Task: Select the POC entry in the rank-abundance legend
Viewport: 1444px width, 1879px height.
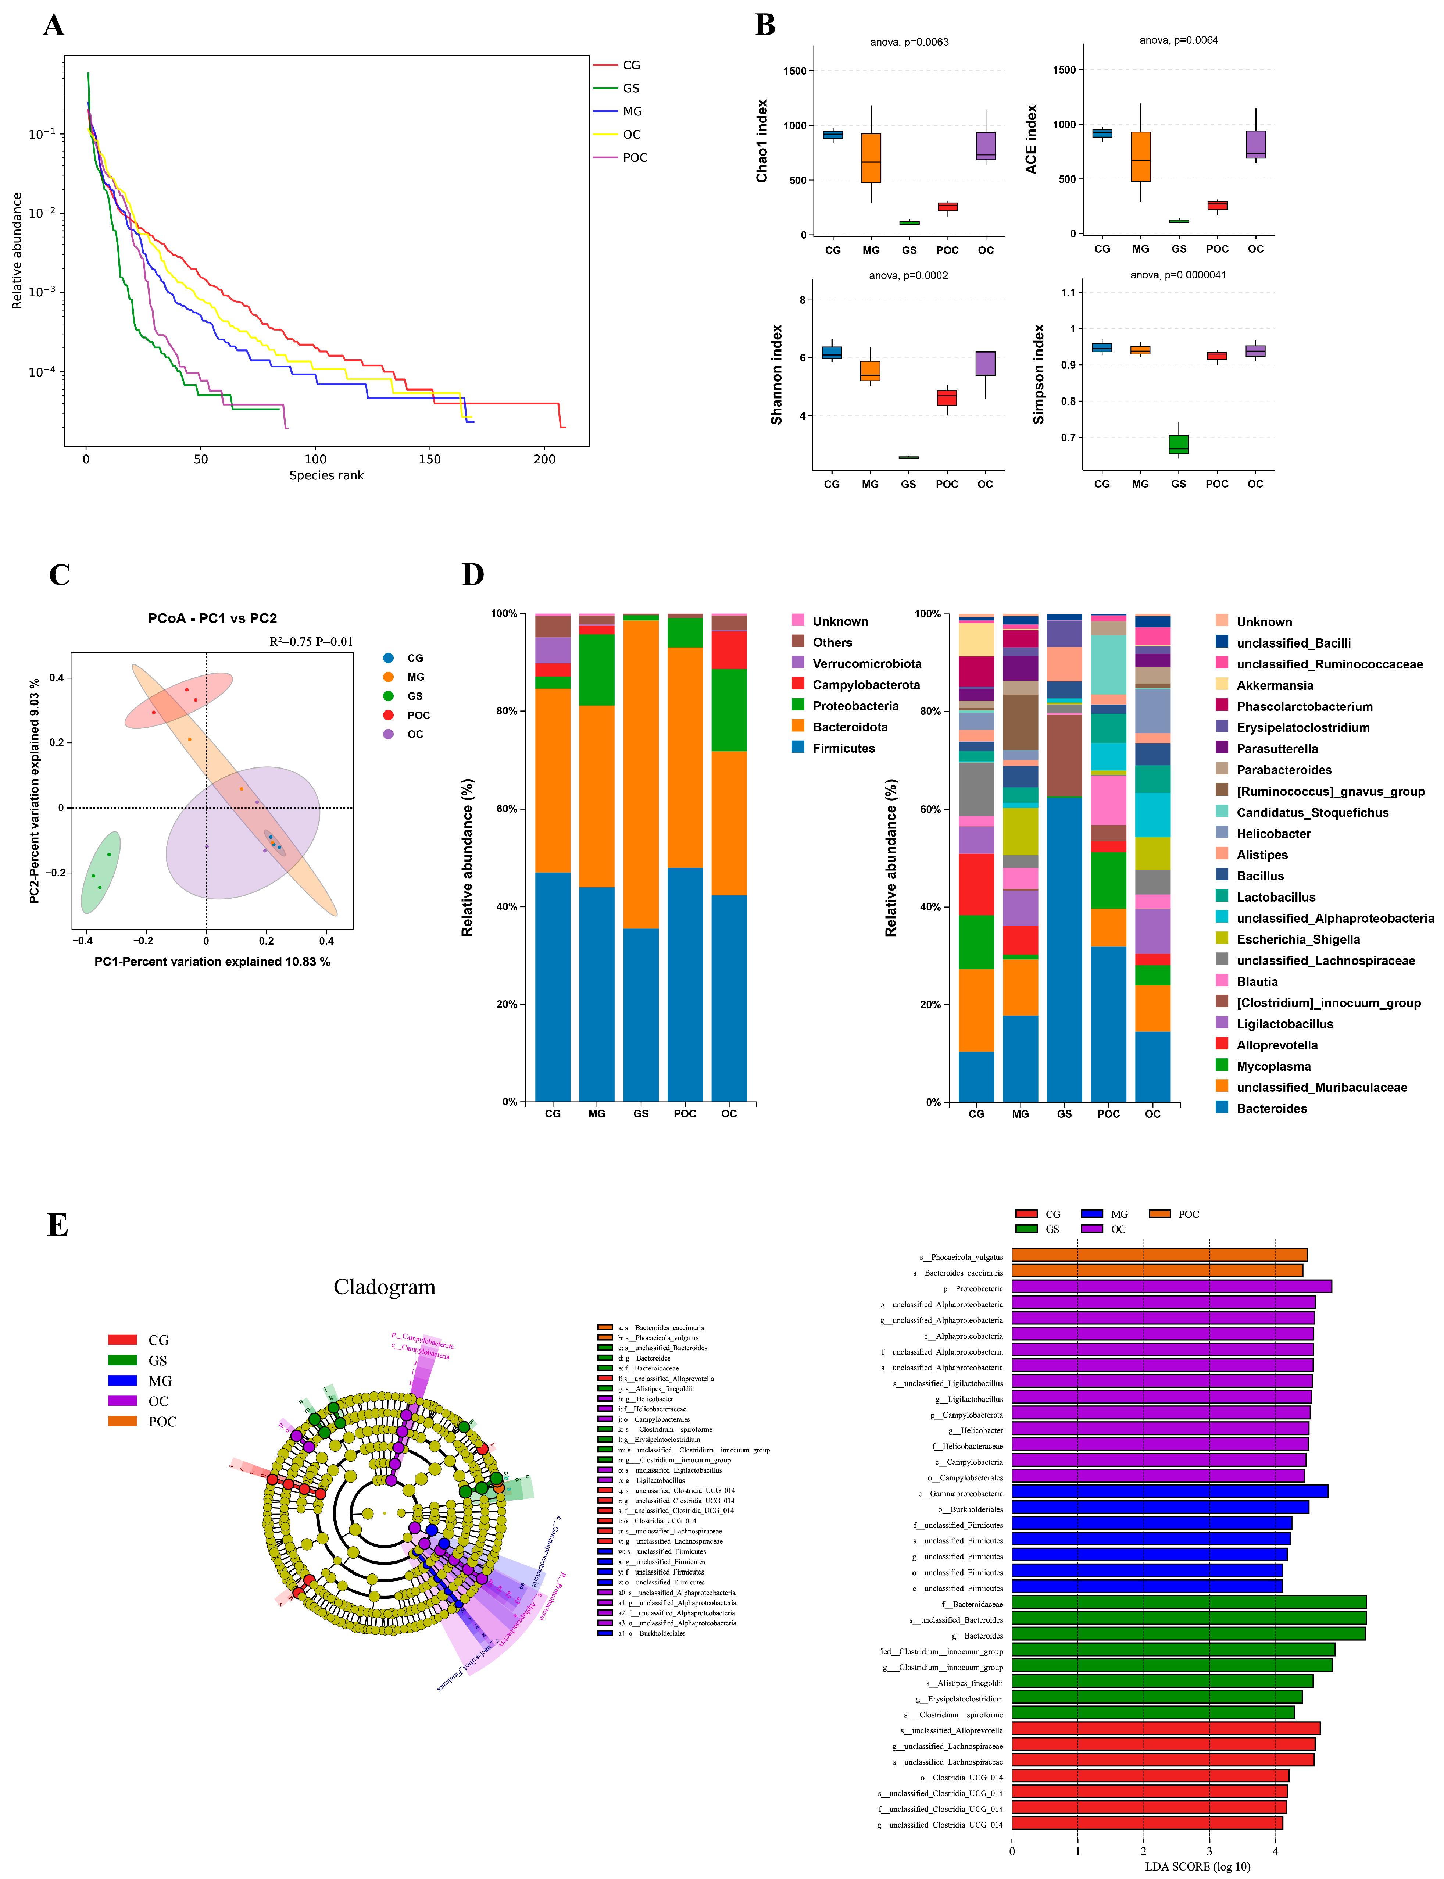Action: point(635,157)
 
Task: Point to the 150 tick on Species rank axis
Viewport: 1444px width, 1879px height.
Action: point(430,459)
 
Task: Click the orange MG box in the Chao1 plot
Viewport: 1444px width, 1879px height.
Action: point(871,158)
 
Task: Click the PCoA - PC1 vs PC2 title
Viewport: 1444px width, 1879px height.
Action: point(212,618)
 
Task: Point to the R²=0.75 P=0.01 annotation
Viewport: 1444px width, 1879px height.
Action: point(310,641)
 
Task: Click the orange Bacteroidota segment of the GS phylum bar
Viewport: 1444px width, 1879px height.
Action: point(640,774)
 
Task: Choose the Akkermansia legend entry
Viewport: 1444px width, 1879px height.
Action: point(1274,685)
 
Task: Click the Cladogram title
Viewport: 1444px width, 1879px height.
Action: point(384,1287)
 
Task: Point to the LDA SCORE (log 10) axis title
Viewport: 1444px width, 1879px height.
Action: point(1197,1866)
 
